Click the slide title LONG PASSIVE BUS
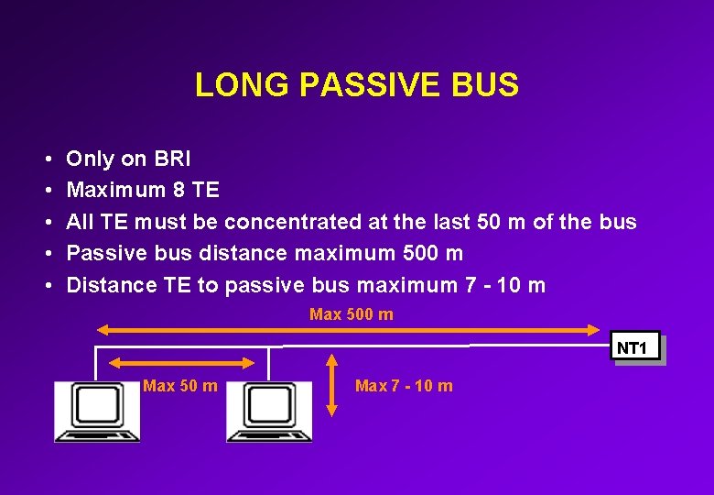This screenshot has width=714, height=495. point(356,85)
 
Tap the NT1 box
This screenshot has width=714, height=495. point(633,348)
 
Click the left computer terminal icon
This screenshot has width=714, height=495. point(96,412)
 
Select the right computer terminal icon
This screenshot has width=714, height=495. point(268,412)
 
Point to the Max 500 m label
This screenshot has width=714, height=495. point(352,314)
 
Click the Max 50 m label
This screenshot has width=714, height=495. point(179,386)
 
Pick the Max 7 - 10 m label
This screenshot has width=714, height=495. point(404,386)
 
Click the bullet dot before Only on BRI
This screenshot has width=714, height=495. point(46,160)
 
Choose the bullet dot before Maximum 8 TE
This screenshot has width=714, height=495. point(46,192)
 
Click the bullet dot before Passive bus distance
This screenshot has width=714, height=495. point(46,254)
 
